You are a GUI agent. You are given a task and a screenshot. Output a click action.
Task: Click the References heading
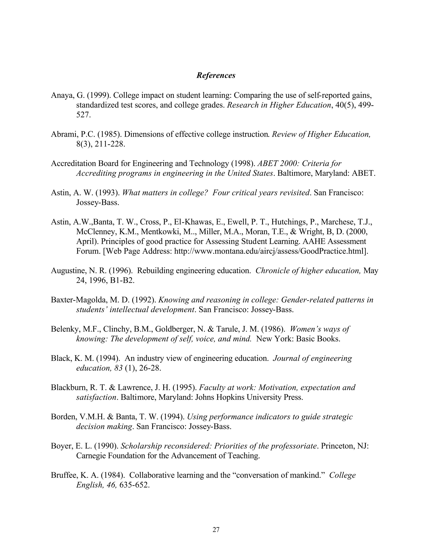(x=216, y=76)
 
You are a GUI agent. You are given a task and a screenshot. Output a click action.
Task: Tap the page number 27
(x=216, y=529)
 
